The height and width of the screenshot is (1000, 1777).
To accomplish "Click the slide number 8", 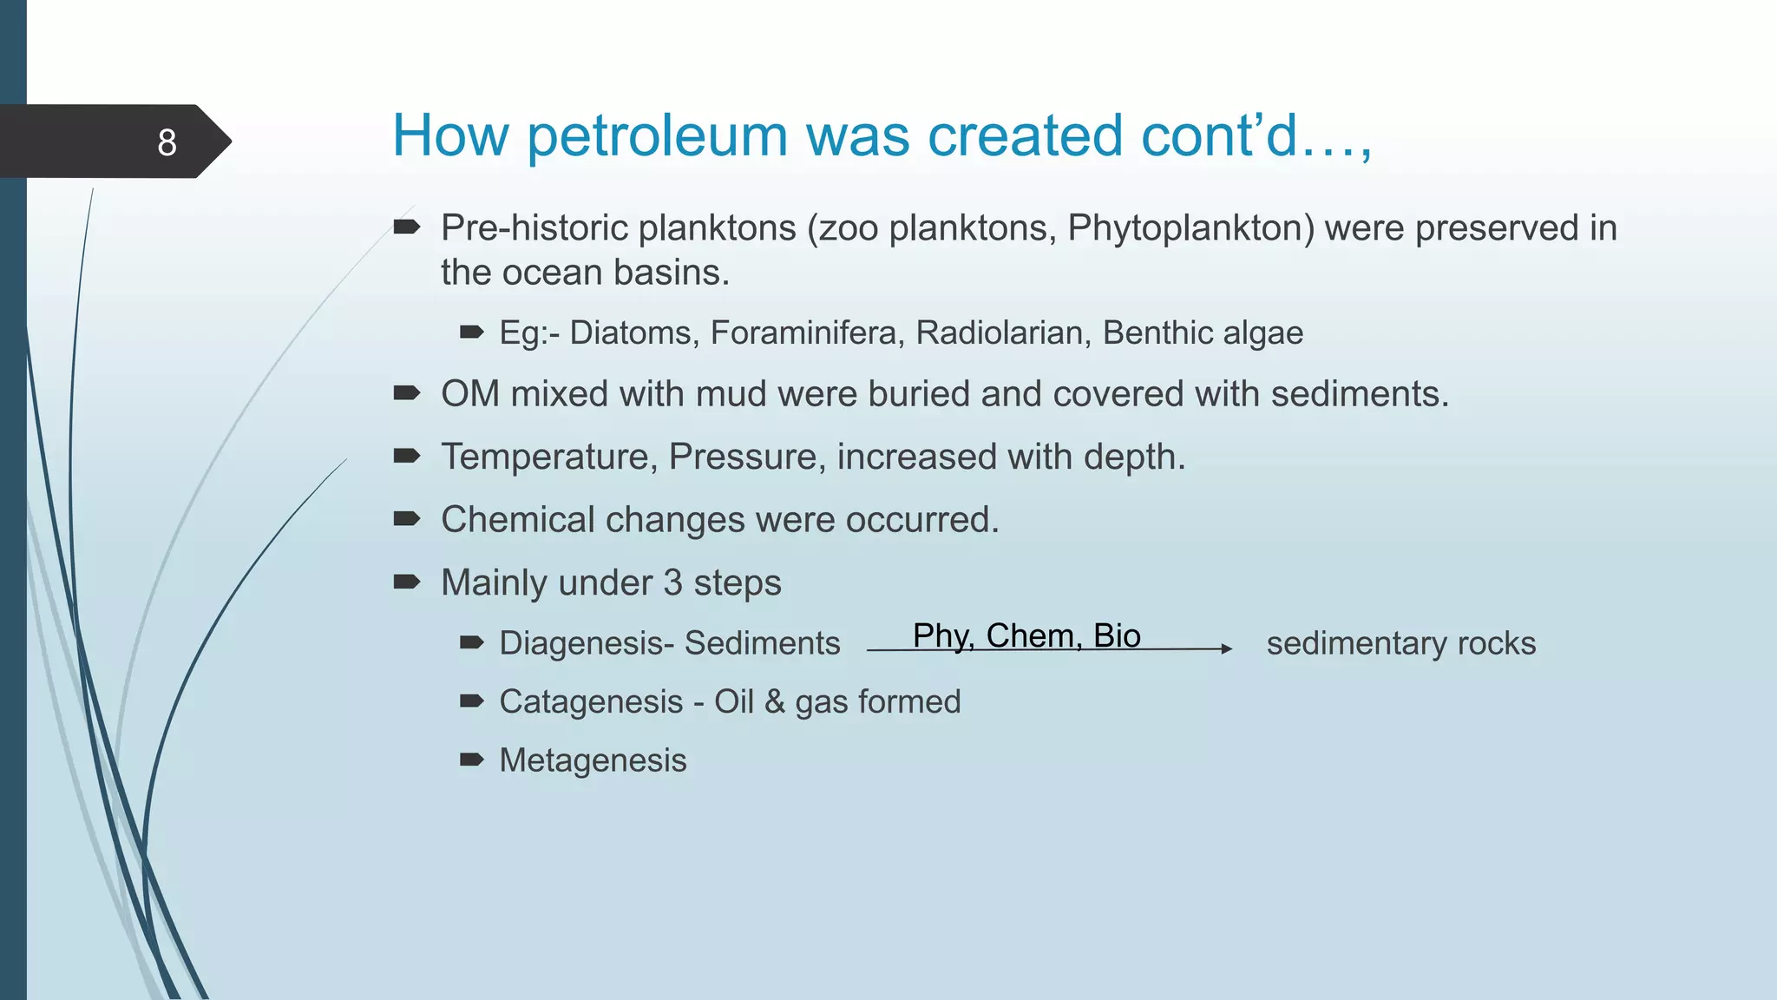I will pyautogui.click(x=167, y=142).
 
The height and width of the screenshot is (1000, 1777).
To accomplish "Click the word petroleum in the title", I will pyautogui.click(x=657, y=136).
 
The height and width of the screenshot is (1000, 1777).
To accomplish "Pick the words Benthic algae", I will pyautogui.click(x=1203, y=333).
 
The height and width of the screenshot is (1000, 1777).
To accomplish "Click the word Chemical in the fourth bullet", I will pyautogui.click(x=518, y=520).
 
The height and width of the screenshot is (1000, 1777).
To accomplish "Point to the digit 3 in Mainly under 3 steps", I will pyautogui.click(x=672, y=583).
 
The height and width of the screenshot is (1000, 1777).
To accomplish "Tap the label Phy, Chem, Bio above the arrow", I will pyautogui.click(x=1026, y=635).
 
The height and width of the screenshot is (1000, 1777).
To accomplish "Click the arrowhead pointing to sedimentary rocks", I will pyautogui.click(x=1226, y=648).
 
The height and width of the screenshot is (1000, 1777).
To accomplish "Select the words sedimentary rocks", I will pyautogui.click(x=1400, y=644).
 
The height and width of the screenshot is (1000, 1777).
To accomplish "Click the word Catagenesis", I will pyautogui.click(x=591, y=702).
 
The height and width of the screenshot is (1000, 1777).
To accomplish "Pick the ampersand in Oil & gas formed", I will pyautogui.click(x=774, y=702).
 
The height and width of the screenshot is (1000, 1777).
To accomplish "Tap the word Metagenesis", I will pyautogui.click(x=593, y=760).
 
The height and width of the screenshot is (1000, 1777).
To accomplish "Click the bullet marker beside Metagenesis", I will pyautogui.click(x=471, y=760).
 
